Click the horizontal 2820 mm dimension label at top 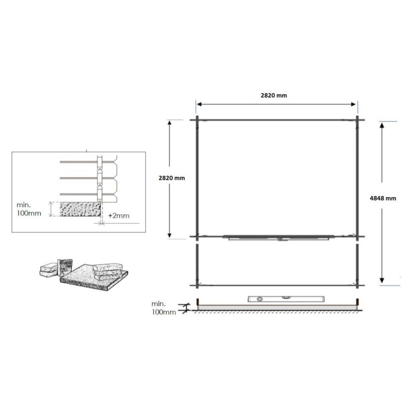[x=276, y=95]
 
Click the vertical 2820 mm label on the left [x=172, y=178]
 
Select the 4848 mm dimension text [x=383, y=198]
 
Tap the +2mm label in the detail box [x=118, y=216]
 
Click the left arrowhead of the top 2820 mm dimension [x=199, y=104]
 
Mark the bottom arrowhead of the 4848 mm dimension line [x=382, y=283]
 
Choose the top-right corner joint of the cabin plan [x=358, y=120]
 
